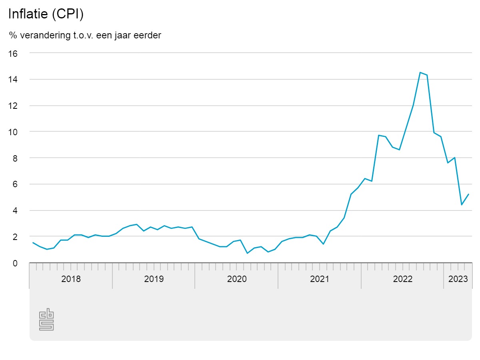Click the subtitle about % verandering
[85, 35]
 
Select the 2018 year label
[71, 279]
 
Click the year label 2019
[154, 279]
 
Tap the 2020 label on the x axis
[237, 279]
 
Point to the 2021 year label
[320, 279]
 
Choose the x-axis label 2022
[402, 279]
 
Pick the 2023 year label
[458, 279]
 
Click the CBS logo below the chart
[46, 320]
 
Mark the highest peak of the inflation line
[420, 72]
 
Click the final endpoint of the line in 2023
[468, 194]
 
